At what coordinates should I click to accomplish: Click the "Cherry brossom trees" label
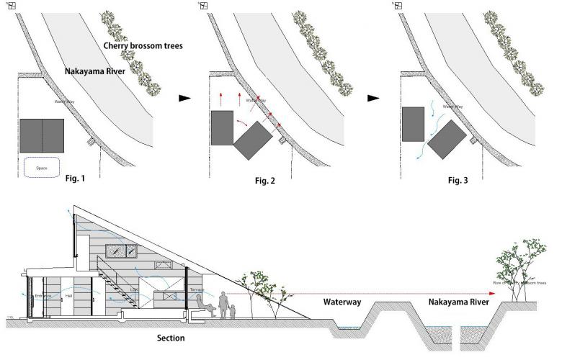pyautogui.click(x=143, y=45)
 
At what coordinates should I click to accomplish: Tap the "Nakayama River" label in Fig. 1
pyautogui.click(x=100, y=71)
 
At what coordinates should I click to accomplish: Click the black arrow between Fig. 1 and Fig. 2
pyautogui.click(x=186, y=96)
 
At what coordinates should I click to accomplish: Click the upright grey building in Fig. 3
pyautogui.click(x=414, y=124)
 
